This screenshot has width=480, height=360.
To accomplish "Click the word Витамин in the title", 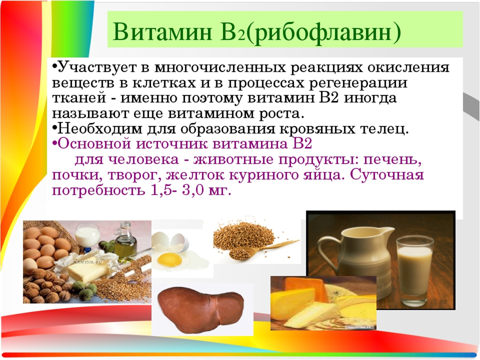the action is [x=162, y=31].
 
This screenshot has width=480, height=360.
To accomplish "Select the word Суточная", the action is [x=387, y=175].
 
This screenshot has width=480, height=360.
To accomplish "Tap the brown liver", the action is [x=201, y=309].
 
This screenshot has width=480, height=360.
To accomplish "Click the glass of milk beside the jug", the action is [x=414, y=270].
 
